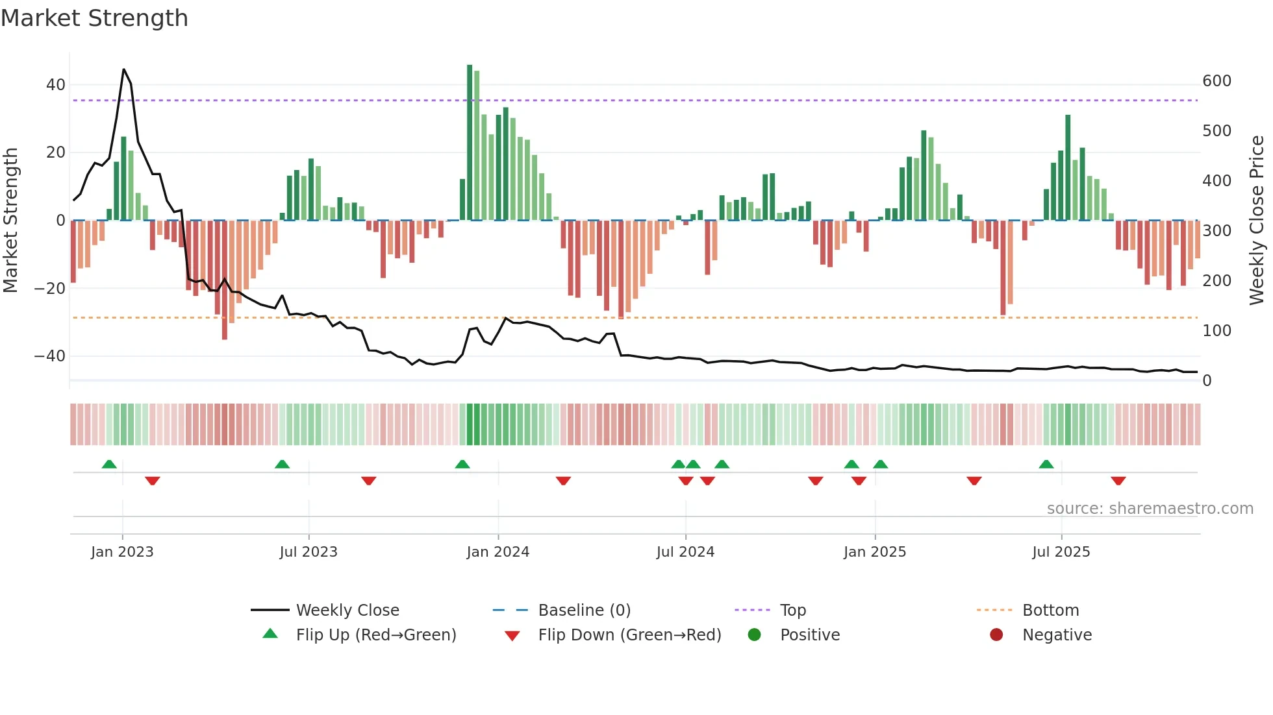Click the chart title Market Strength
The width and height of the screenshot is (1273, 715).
click(94, 18)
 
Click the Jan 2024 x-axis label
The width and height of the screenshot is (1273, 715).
click(498, 552)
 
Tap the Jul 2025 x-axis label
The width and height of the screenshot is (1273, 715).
click(1061, 552)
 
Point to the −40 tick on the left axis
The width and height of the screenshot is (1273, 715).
click(50, 356)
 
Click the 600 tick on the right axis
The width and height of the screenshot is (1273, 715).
click(1216, 81)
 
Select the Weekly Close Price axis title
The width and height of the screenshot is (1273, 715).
click(1257, 221)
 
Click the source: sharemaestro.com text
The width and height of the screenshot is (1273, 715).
click(1150, 509)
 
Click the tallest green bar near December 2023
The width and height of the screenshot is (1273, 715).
click(470, 143)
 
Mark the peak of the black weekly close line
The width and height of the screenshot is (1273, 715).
click(123, 69)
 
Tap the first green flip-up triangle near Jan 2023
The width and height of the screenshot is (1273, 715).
click(109, 464)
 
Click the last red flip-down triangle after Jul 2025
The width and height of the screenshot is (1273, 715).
click(1118, 481)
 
